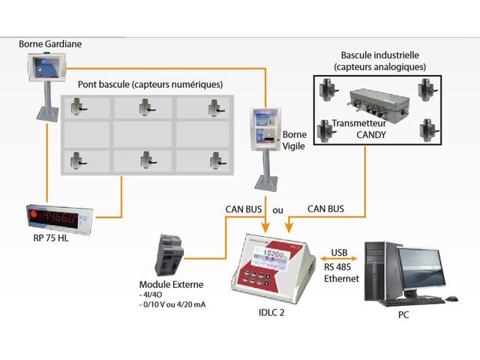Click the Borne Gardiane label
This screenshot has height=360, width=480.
tap(50, 44)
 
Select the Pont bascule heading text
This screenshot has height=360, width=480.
tap(150, 84)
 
